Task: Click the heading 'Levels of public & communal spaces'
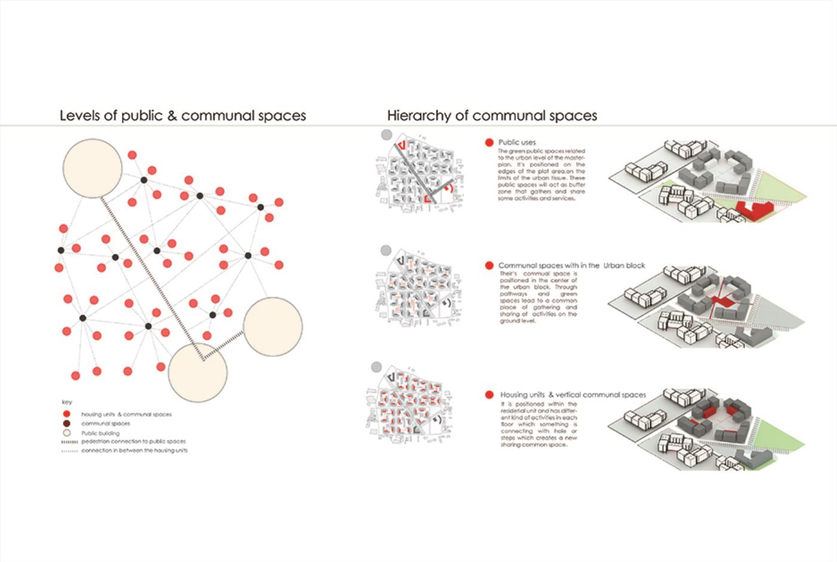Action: (x=182, y=115)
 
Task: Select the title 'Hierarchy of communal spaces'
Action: (x=491, y=115)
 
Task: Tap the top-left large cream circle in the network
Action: (x=93, y=168)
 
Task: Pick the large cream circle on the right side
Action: (x=273, y=326)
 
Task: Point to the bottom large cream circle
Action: (x=198, y=372)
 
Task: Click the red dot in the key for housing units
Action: (x=66, y=414)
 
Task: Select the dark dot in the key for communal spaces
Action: (x=66, y=423)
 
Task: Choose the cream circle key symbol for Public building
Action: (x=66, y=433)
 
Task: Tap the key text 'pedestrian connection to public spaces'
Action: (x=133, y=441)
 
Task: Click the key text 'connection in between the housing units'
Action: (x=135, y=450)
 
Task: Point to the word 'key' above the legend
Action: (x=66, y=402)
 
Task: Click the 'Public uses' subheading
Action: (x=517, y=142)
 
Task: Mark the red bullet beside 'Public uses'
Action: (x=489, y=142)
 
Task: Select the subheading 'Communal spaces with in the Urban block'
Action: (x=572, y=265)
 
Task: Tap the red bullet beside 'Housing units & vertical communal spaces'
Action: (x=489, y=395)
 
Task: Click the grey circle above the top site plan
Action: (x=387, y=135)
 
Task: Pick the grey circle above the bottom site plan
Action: (x=377, y=366)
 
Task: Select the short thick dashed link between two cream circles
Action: (x=223, y=345)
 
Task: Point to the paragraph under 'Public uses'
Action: (x=542, y=175)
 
